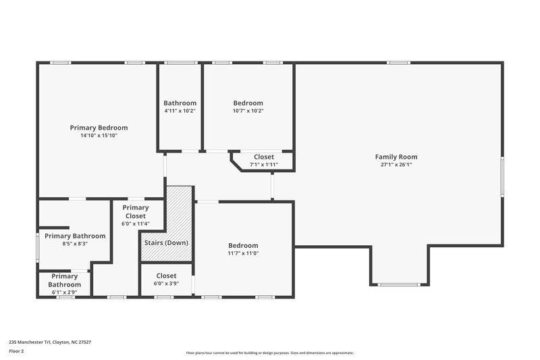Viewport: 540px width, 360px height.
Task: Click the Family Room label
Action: point(398,157)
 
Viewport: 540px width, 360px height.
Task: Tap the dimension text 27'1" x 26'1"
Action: point(398,164)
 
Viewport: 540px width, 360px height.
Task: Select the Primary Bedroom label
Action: point(99,128)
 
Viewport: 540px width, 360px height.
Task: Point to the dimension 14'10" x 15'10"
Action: point(99,135)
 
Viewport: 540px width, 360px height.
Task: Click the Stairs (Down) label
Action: point(166,242)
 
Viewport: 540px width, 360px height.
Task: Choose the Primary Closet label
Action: point(135,211)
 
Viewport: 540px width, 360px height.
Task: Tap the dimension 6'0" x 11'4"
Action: point(135,224)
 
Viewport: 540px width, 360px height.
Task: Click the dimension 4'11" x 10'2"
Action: point(180,111)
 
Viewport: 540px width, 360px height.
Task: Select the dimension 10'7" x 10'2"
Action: point(248,111)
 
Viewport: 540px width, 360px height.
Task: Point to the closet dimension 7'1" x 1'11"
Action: point(263,164)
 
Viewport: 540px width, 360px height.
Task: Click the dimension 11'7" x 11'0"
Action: point(243,253)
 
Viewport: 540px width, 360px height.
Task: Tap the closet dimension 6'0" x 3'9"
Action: point(166,284)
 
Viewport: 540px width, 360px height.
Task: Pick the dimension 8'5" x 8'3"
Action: point(75,244)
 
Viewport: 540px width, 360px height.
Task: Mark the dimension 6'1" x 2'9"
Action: point(64,292)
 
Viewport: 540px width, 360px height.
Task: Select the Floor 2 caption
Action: point(17,351)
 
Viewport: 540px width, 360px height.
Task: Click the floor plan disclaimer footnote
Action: point(269,353)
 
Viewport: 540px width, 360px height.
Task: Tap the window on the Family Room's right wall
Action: point(502,178)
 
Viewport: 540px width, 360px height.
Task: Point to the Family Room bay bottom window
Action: point(398,284)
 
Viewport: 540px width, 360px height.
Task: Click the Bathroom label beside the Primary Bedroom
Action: point(180,103)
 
